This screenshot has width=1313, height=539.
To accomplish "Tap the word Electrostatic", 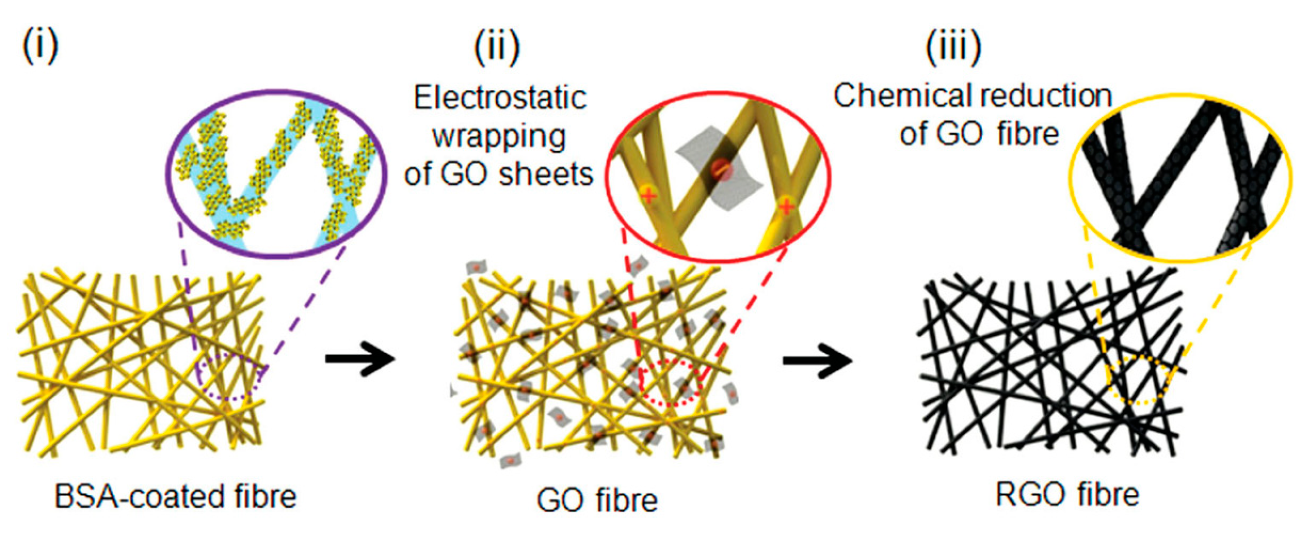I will (500, 99).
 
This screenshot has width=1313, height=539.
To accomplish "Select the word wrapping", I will (499, 137).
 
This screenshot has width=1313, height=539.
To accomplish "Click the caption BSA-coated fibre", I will (176, 497).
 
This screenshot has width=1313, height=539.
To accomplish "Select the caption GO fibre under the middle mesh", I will (597, 500).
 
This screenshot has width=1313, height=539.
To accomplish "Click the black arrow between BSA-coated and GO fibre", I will (360, 360).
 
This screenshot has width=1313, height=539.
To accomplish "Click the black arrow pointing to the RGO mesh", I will (817, 361).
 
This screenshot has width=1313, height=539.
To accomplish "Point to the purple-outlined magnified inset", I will (277, 173).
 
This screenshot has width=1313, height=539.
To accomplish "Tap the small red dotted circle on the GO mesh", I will (672, 383).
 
